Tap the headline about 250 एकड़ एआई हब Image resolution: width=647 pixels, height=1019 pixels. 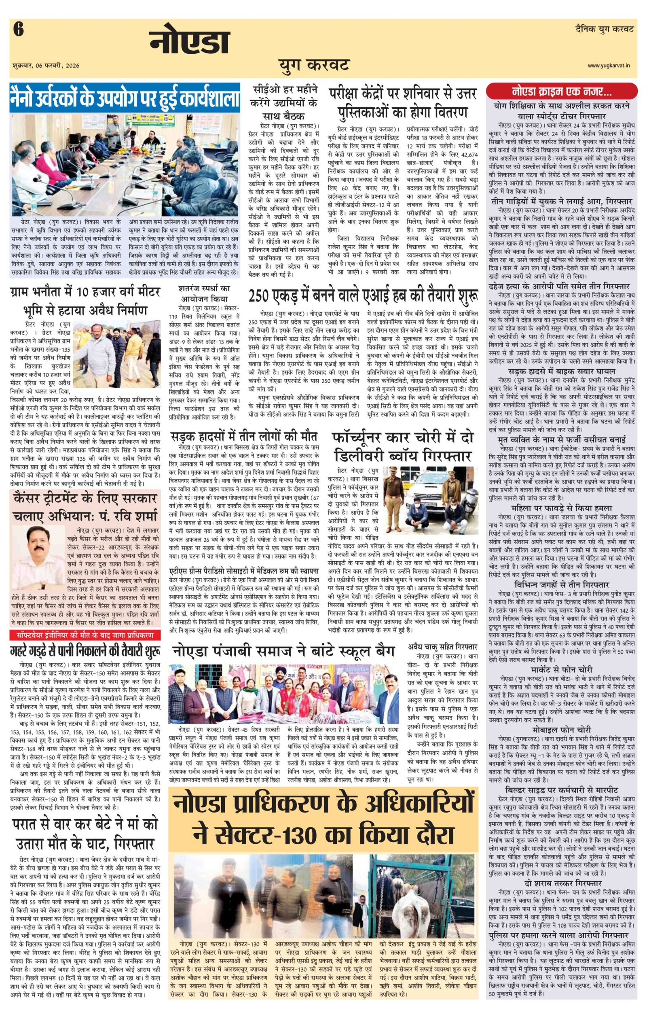(x=364, y=295)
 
